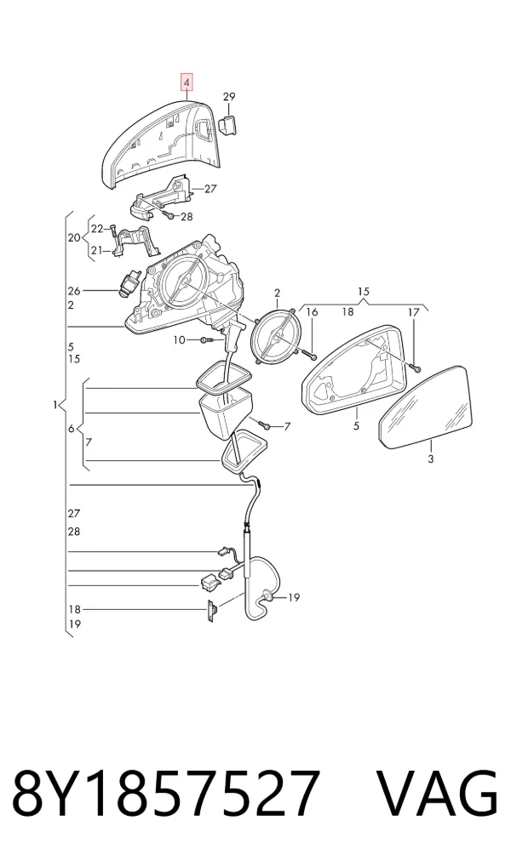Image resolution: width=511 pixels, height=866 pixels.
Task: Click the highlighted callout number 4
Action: (187, 83)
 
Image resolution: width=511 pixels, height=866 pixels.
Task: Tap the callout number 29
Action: (229, 97)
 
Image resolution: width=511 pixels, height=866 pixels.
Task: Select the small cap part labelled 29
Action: (228, 124)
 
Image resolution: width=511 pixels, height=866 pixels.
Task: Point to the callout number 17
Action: (414, 312)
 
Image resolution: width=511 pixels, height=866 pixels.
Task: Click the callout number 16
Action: (312, 312)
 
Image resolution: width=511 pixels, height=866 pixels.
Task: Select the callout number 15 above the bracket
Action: (364, 291)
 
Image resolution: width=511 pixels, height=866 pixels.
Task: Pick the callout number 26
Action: (74, 291)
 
